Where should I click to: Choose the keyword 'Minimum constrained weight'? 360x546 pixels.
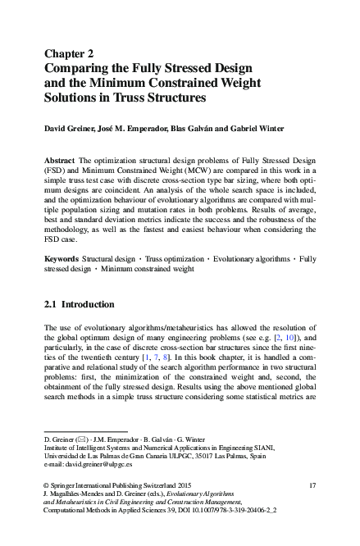tap(149, 268)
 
